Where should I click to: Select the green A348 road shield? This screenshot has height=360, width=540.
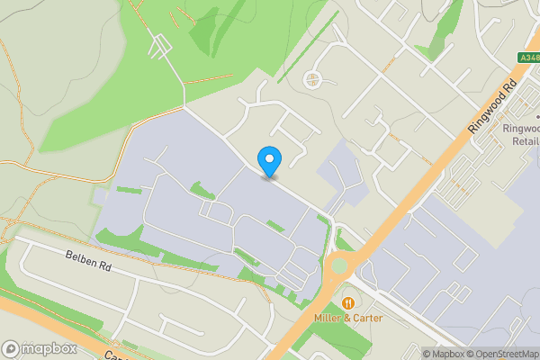[529, 57]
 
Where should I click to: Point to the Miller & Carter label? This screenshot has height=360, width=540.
[347, 318]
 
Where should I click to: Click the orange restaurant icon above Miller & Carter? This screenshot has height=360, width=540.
[348, 301]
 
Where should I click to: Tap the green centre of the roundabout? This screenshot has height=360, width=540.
[339, 265]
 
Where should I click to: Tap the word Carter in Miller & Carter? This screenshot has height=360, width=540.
[366, 318]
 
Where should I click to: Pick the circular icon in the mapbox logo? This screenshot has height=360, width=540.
[11, 348]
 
